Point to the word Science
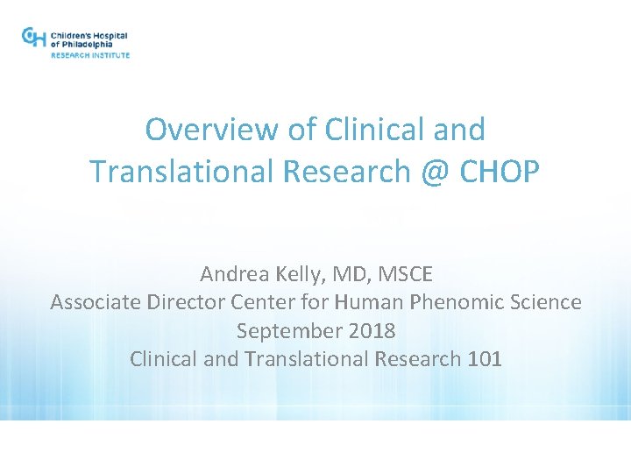click(x=542, y=302)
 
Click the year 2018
click(x=371, y=331)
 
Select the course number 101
click(x=484, y=359)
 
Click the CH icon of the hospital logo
click(x=33, y=38)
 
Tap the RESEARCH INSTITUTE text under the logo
click(x=90, y=55)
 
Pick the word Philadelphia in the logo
click(x=94, y=44)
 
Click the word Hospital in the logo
click(x=108, y=36)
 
